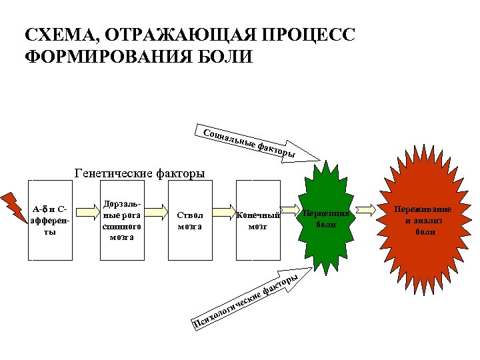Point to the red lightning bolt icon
tap(12, 203)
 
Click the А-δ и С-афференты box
tap(50, 220)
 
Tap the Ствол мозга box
tap(190, 220)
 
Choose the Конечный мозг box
tap(257, 220)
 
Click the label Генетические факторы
tap(140, 174)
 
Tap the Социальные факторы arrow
tap(260, 142)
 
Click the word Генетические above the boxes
tap(114, 174)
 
